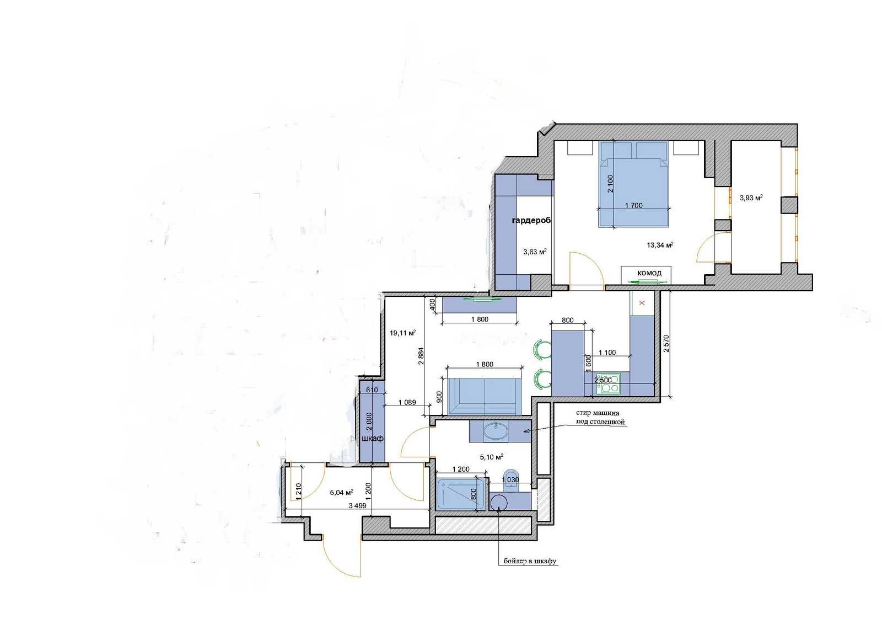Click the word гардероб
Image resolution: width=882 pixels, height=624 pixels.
pyautogui.click(x=531, y=220)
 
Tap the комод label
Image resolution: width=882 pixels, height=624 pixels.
pyautogui.click(x=649, y=273)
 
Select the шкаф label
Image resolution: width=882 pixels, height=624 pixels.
pyautogui.click(x=373, y=438)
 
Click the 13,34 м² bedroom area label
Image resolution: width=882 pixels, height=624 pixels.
pyautogui.click(x=660, y=245)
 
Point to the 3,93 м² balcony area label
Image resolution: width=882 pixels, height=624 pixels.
pyautogui.click(x=751, y=198)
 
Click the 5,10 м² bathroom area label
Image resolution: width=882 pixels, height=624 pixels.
pyautogui.click(x=492, y=457)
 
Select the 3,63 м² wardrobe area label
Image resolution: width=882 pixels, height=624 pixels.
pyautogui.click(x=535, y=252)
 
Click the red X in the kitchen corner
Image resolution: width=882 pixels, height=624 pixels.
pyautogui.click(x=642, y=303)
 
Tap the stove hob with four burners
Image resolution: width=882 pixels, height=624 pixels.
pyautogui.click(x=609, y=384)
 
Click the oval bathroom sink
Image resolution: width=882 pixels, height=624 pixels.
pyautogui.click(x=496, y=431)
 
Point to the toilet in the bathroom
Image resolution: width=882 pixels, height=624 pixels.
pyautogui.click(x=511, y=481)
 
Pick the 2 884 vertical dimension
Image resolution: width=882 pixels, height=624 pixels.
pyautogui.click(x=421, y=356)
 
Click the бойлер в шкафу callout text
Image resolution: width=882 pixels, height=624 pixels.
pyautogui.click(x=530, y=561)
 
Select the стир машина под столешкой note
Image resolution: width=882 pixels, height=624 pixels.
pyautogui.click(x=600, y=418)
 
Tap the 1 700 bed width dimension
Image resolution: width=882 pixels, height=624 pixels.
pyautogui.click(x=634, y=205)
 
